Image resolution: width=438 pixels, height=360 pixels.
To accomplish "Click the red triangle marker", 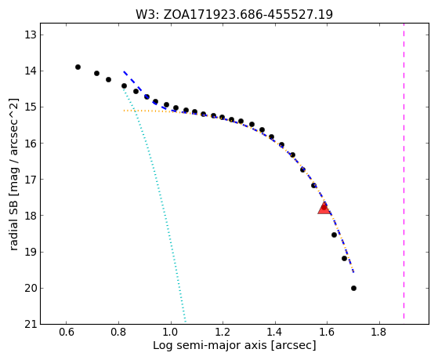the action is pyautogui.click(x=324, y=208).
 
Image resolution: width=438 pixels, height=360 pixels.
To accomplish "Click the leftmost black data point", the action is pyautogui.click(x=78, y=67).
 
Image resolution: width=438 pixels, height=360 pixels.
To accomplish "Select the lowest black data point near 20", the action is pyautogui.click(x=353, y=288).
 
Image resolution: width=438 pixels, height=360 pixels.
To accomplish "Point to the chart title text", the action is pyautogui.click(x=234, y=14).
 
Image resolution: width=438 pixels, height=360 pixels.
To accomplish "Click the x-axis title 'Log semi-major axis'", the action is pyautogui.click(x=210, y=345).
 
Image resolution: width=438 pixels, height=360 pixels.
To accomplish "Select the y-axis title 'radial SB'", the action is pyautogui.click(x=13, y=227).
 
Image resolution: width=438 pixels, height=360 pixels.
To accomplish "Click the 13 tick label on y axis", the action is pyautogui.click(x=31, y=35).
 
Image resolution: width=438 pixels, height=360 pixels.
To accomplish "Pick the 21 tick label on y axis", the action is pyautogui.click(x=31, y=325).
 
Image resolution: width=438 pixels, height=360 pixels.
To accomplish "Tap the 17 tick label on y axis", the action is pyautogui.click(x=31, y=180).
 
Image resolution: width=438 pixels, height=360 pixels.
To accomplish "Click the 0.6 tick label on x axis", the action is pyautogui.click(x=66, y=332).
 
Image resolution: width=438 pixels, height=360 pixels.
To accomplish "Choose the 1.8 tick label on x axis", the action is pyautogui.click(x=379, y=332).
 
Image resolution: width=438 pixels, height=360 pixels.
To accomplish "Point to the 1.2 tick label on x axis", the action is pyautogui.click(x=223, y=332).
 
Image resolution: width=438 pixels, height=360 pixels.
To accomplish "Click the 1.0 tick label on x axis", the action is pyautogui.click(x=170, y=332).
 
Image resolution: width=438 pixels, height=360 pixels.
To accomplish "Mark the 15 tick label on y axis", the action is pyautogui.click(x=31, y=107).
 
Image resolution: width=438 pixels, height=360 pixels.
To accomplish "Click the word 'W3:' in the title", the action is pyautogui.click(x=147, y=15).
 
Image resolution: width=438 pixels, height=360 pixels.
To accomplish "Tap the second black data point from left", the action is pyautogui.click(x=96, y=73).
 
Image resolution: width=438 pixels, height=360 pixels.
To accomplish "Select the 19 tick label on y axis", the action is pyautogui.click(x=31, y=252).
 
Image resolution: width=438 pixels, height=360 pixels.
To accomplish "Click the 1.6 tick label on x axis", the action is pyautogui.click(x=327, y=332).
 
